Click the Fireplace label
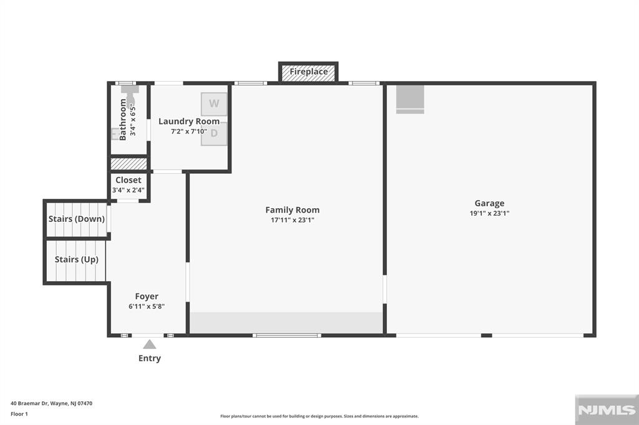coord(308,72)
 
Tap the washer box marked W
coord(214,103)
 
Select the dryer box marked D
coord(214,133)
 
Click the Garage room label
coord(489,203)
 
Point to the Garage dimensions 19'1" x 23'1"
coord(489,213)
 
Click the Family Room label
coord(292,210)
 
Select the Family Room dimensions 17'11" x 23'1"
coord(292,220)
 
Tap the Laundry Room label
coord(188,122)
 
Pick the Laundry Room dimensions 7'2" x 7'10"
coord(188,131)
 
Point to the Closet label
coord(129,180)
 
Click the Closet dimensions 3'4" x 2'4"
coord(129,190)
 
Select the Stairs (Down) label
coord(77,219)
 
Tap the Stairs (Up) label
coord(76,259)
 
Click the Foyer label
coord(147,297)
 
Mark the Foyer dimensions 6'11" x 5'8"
coord(147,307)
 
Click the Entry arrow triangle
coord(149,344)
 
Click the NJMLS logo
coord(607,409)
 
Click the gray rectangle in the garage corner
coord(410,98)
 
